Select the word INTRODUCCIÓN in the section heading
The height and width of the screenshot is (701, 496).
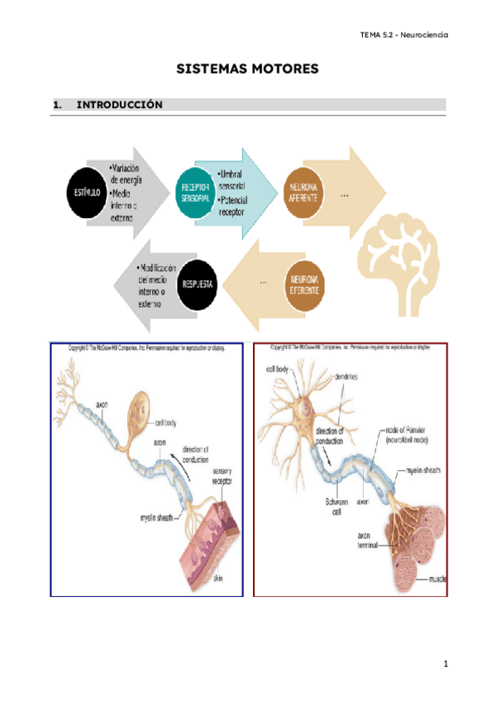(119, 105)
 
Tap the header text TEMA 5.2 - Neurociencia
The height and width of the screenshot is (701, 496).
(404, 36)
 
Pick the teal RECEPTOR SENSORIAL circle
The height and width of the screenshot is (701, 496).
(198, 193)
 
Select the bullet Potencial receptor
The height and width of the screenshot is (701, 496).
(236, 206)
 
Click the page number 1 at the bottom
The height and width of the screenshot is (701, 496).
(445, 664)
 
